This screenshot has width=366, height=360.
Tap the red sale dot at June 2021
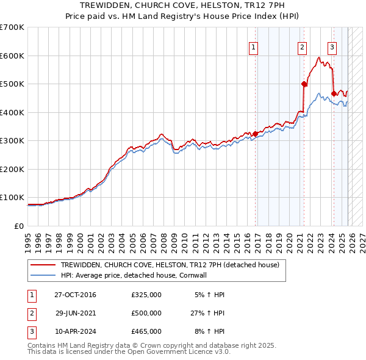pos(304,84)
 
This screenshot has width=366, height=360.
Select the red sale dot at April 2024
pos(334,94)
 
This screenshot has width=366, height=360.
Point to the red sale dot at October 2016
pos(255,134)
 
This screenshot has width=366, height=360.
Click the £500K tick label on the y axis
pos(12,84)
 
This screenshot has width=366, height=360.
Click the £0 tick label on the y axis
pos(18,226)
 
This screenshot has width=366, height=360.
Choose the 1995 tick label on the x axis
pos(28,237)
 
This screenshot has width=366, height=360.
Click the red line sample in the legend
pos(43,265)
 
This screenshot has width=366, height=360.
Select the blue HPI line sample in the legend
pos(43,275)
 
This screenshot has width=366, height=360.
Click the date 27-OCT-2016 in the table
pos(75,295)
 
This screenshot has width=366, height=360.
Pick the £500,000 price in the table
pos(146,313)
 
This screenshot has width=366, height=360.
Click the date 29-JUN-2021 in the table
pos(75,313)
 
